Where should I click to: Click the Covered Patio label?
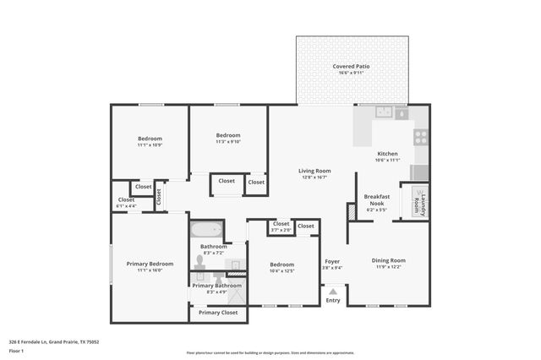coord(351,66)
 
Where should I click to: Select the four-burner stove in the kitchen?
coord(420,136)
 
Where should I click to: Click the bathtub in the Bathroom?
coord(205,230)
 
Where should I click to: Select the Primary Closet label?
coord(218,313)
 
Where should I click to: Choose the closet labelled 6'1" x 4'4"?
coord(126,204)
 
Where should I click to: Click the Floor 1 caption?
coord(16,350)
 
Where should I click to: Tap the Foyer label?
coord(332,261)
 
